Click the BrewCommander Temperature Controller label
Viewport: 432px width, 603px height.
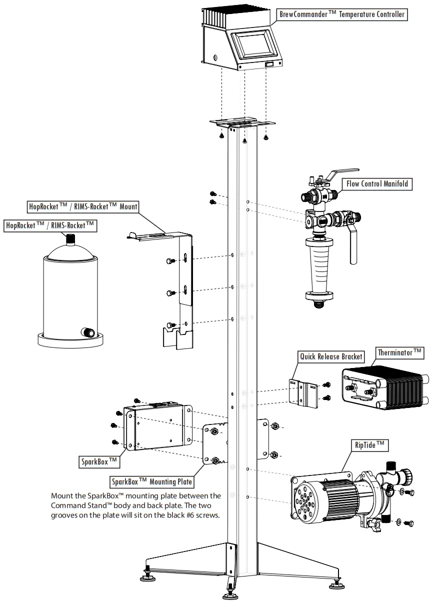342,14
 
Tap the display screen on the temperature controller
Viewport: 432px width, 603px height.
255,45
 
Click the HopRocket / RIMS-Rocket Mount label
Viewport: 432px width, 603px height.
82,206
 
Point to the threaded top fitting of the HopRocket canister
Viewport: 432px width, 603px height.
71,239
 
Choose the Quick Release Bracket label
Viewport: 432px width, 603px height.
331,356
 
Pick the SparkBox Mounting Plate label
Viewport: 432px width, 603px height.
152,481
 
